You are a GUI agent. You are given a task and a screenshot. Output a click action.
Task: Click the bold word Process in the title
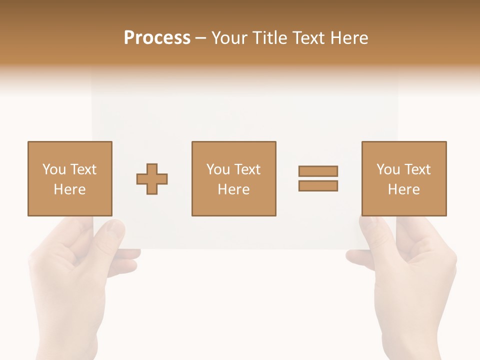point(157,38)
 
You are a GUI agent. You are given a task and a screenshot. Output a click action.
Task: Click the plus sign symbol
point(152,179)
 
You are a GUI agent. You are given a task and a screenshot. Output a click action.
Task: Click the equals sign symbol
point(318,178)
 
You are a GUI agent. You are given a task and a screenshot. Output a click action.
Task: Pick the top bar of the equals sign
point(318,171)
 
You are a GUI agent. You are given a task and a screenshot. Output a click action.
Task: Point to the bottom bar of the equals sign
point(318,185)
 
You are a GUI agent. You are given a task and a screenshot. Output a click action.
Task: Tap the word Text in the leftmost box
point(83,169)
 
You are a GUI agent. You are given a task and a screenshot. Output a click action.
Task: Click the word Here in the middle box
point(233,189)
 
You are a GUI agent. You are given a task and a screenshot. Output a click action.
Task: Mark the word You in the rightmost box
point(388,169)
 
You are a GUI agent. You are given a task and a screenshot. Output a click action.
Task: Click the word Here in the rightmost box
point(403,189)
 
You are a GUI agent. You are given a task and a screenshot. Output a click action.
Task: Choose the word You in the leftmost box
point(54,169)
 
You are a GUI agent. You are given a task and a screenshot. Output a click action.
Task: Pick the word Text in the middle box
point(247,169)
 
